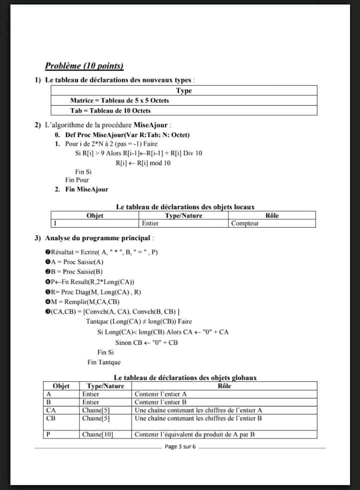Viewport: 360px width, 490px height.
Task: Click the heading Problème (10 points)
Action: coord(84,66)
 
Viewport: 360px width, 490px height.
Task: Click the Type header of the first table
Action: coord(183,91)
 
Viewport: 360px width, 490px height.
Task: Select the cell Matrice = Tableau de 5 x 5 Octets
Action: coord(119,100)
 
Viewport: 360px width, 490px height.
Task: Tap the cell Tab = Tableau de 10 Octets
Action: coord(110,110)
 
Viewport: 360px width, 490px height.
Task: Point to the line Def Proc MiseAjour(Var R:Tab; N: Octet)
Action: coord(127,135)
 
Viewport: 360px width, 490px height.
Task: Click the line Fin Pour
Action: coord(77,180)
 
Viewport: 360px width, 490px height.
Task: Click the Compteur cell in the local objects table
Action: coord(245,223)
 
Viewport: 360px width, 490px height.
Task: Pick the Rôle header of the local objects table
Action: coord(272,215)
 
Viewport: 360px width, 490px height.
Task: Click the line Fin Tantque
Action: coord(103,362)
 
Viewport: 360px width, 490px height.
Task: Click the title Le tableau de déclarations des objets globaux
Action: coord(185,378)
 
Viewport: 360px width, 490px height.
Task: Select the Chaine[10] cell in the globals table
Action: coord(98,434)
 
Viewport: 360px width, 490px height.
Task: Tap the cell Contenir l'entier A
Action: coord(160,394)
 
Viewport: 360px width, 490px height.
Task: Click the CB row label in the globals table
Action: coord(50,418)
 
